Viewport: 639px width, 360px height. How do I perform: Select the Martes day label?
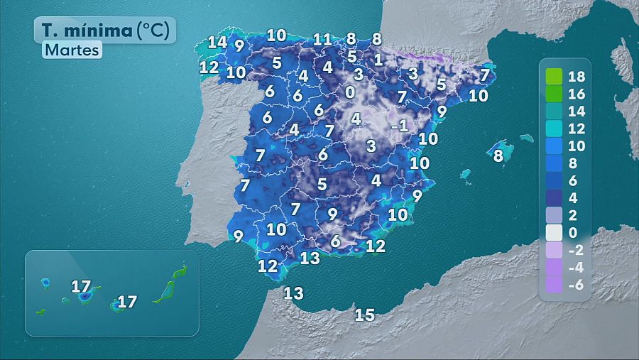pos(72,50)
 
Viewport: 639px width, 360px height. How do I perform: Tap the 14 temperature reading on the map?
pos(217,42)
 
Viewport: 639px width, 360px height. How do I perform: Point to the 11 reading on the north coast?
pos(322,40)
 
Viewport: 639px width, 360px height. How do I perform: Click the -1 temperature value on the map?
pos(399,125)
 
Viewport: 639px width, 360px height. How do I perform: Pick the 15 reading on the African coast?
pos(364,315)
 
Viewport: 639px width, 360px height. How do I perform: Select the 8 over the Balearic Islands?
pos(498,156)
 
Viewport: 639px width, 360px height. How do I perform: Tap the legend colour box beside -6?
pos(554,285)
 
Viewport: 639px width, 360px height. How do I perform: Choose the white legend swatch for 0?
pos(554,232)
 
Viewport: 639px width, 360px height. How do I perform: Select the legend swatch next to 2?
pos(554,215)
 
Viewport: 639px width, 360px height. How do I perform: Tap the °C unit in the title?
pos(153,30)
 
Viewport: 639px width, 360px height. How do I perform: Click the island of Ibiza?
pos(465,174)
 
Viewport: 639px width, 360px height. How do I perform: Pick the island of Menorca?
pos(526,138)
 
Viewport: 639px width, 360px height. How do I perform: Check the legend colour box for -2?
pos(554,250)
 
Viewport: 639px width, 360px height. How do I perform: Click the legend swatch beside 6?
pos(554,180)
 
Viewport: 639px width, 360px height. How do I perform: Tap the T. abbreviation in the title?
pos(49,30)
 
